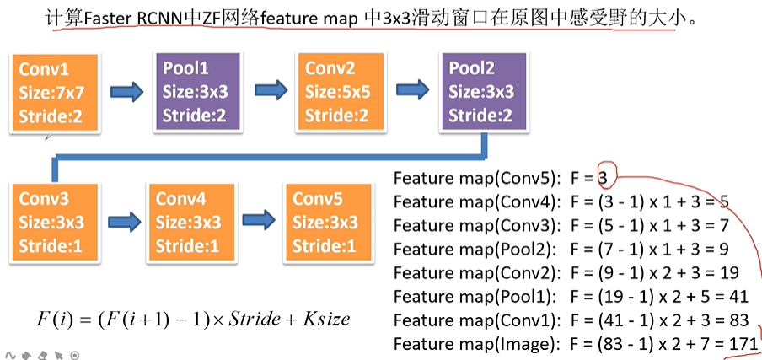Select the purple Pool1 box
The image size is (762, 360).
coord(194,91)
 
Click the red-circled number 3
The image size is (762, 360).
coord(603,177)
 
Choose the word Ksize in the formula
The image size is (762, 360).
coord(324,319)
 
